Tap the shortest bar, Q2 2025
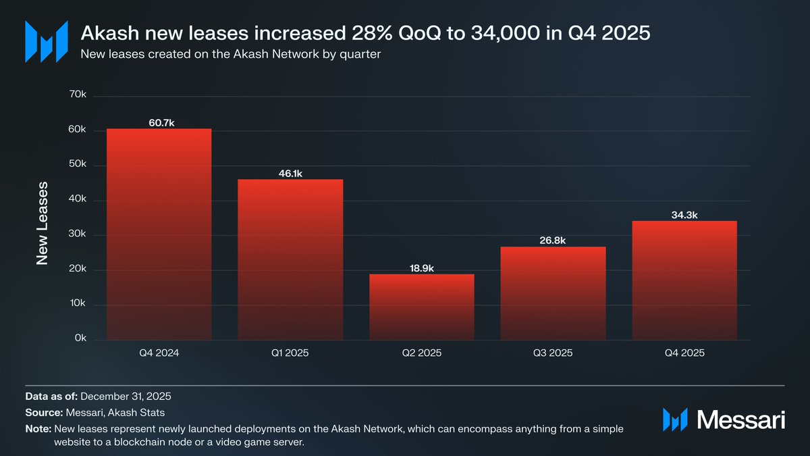[x=421, y=307]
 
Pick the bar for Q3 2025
[x=553, y=293]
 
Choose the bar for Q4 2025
[x=684, y=280]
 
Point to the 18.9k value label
[x=421, y=268]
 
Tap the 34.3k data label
[x=684, y=215]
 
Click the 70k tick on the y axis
[x=78, y=95]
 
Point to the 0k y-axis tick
[x=80, y=338]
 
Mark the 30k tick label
[x=78, y=234]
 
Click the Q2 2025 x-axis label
[x=421, y=353]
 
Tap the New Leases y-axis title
[x=43, y=222]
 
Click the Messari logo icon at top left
[x=46, y=41]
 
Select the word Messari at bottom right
[x=740, y=420]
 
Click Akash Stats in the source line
[x=142, y=413]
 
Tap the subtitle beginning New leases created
[x=230, y=55]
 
